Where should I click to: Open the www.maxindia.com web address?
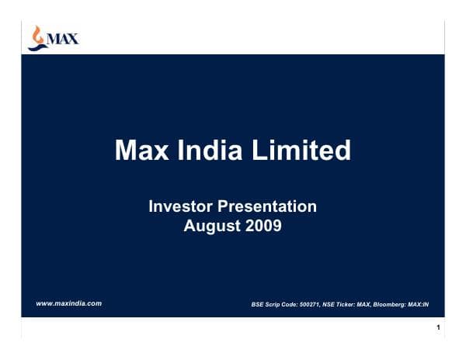[70, 303]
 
